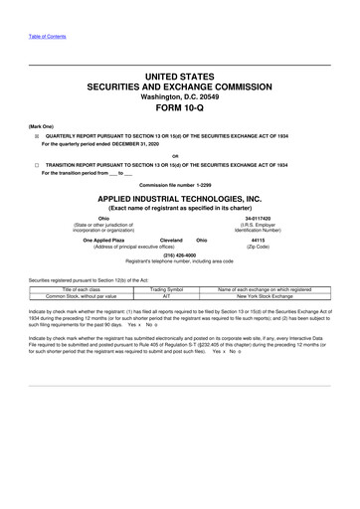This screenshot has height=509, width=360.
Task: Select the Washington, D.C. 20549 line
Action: pos(180,96)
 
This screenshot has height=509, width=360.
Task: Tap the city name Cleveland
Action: pos(171,240)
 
